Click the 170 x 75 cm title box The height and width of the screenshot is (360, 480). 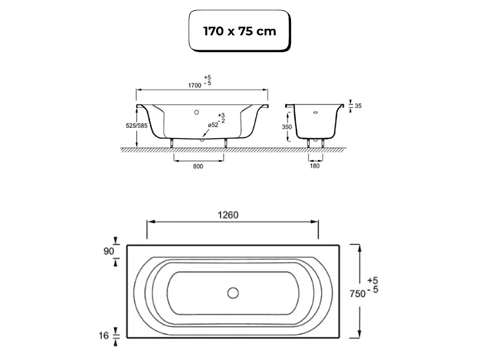239,31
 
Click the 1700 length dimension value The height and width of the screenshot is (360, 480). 194,85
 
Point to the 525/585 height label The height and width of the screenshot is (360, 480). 137,125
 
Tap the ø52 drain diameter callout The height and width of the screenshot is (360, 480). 213,125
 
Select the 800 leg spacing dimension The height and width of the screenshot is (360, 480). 198,166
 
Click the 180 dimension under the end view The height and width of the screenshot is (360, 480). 314,166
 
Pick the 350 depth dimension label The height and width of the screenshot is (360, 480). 287,127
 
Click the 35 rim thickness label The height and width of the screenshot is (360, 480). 358,106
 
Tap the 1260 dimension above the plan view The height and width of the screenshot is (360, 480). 228,215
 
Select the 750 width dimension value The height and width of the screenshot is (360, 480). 358,293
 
